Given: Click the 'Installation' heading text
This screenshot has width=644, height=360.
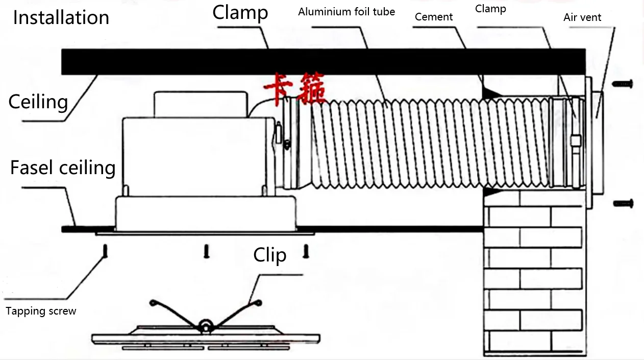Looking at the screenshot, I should click(x=61, y=17).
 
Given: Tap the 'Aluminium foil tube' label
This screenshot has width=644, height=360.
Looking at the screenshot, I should click(x=346, y=11).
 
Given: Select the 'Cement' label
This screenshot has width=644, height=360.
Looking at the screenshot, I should click(x=433, y=17).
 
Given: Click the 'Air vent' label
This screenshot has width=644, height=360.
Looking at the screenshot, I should click(x=582, y=17).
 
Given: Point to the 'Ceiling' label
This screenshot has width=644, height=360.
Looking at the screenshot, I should click(x=38, y=102).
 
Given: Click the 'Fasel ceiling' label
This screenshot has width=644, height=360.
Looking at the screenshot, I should click(x=63, y=167).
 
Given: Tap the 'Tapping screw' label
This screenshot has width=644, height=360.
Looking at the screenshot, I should click(x=41, y=311).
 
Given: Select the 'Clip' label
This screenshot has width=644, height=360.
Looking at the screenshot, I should click(x=269, y=255).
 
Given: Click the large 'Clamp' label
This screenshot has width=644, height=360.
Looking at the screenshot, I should click(x=240, y=12).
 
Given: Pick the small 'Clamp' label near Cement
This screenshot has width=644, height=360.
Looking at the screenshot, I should click(x=490, y=9).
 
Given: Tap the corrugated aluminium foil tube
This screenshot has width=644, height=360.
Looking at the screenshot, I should click(x=424, y=143).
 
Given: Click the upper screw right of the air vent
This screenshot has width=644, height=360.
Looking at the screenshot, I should click(x=623, y=83).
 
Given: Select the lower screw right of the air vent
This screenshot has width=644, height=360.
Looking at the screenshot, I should click(x=623, y=203).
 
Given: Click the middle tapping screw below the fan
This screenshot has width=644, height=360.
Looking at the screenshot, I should click(x=207, y=251).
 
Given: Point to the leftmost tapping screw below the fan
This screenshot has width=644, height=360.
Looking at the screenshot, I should click(x=105, y=251).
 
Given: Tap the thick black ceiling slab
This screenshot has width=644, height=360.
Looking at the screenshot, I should click(x=321, y=61).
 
